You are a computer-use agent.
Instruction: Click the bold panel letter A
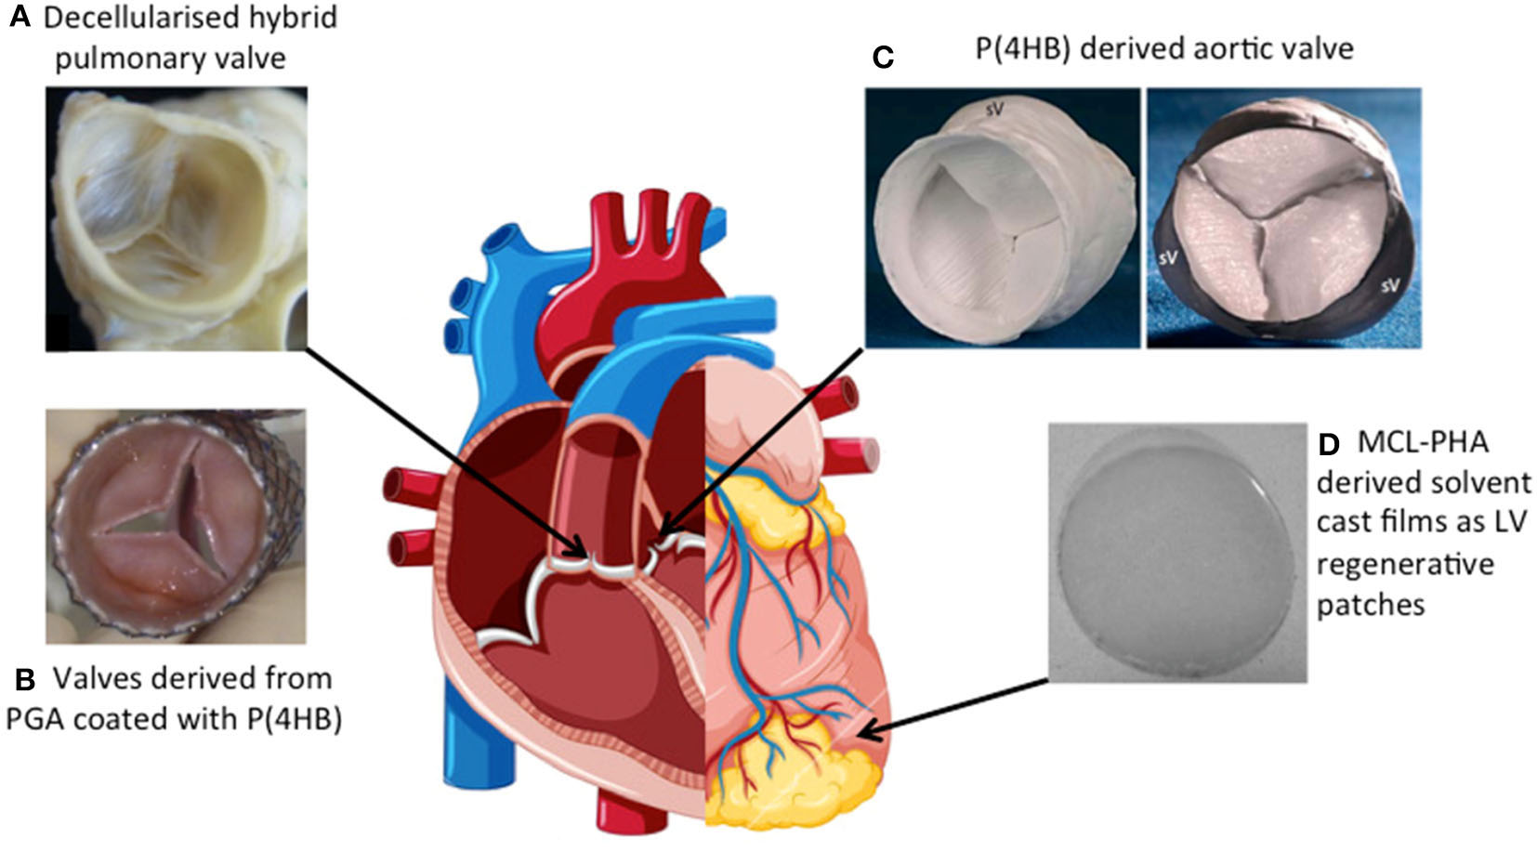pos(21,19)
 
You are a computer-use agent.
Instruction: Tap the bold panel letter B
pos(26,679)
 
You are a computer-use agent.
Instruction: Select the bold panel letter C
pos(883,58)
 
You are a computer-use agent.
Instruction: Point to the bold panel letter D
pos(1330,444)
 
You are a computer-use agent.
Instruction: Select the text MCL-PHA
pos(1423,442)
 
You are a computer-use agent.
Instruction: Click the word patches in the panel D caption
pos(1371,605)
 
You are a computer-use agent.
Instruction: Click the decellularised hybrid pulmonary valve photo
pos(176,219)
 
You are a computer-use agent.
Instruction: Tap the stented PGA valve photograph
pos(176,527)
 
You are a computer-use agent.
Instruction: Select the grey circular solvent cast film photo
pos(1176,553)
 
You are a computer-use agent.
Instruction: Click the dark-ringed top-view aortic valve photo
pos(1283,218)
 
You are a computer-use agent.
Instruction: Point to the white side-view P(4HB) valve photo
pos(1002,218)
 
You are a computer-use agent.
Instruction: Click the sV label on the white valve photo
pos(994,110)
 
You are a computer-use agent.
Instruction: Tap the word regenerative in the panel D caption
pos(1405,564)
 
